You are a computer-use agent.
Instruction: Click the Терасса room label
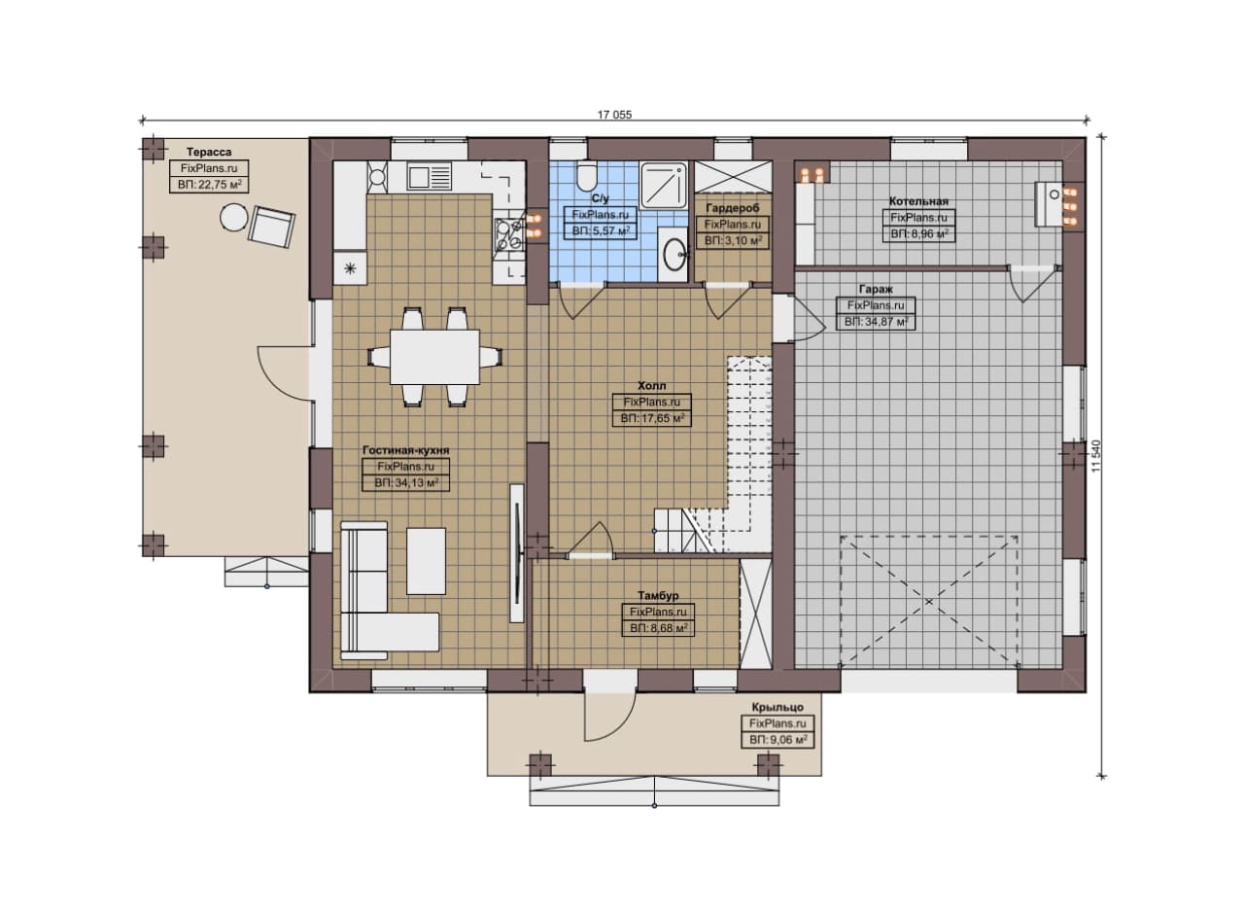(209, 153)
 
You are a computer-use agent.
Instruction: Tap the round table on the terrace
(234, 217)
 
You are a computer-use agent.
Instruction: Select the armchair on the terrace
(271, 227)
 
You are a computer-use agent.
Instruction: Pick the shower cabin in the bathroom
(664, 186)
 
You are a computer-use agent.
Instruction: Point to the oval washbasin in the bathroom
(674, 254)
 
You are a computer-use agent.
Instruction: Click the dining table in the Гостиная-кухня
(434, 357)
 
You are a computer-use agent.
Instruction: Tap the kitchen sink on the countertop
(430, 176)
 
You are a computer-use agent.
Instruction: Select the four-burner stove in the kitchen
(509, 234)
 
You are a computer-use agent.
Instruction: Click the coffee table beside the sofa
(426, 561)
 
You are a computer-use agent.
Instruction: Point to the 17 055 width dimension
(615, 115)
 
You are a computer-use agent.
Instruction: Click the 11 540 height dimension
(1095, 456)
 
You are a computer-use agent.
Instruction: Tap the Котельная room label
(918, 201)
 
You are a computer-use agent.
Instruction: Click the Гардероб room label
(733, 208)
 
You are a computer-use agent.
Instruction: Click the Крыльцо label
(777, 708)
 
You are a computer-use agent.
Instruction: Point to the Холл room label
(651, 386)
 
